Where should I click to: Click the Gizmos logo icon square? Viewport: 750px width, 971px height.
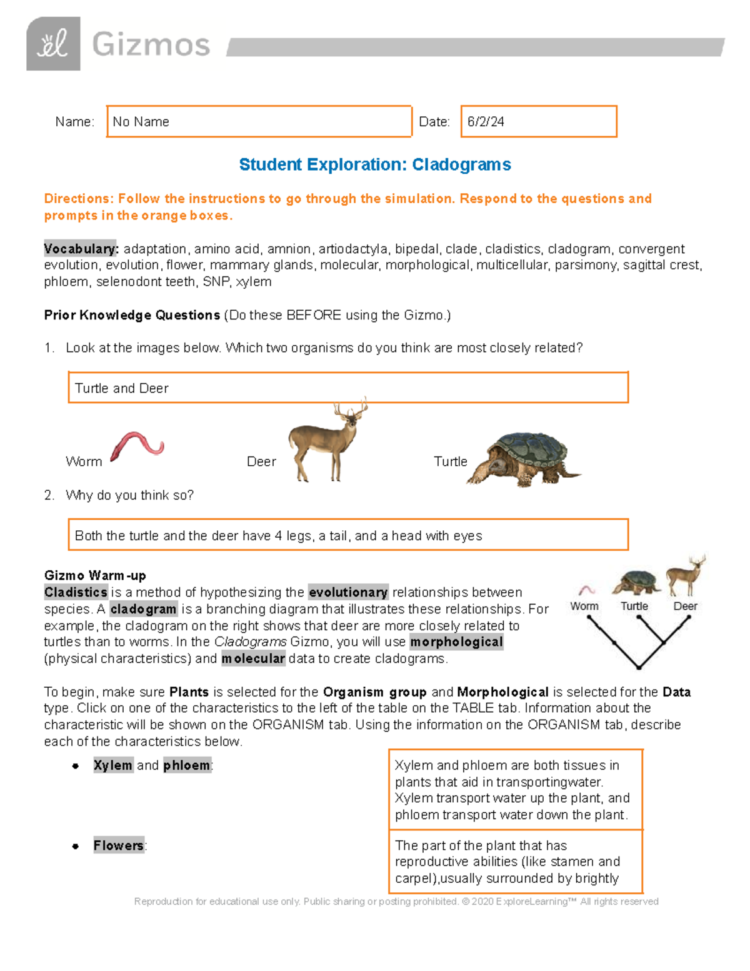point(53,44)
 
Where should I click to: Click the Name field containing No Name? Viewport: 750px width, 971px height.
point(259,121)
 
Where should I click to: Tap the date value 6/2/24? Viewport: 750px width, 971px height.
point(486,122)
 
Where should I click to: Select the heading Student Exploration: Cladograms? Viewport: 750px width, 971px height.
point(375,164)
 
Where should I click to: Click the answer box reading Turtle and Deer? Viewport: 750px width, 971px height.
point(347,388)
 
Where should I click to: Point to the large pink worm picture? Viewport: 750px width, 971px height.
point(137,446)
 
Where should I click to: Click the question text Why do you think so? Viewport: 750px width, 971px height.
point(129,495)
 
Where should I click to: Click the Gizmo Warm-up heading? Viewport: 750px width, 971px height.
point(95,575)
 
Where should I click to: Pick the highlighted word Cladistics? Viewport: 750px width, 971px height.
point(76,592)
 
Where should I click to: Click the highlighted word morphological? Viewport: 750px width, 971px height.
point(456,642)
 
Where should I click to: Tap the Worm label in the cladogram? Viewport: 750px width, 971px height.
point(584,606)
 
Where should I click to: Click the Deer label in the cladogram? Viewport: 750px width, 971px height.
point(685,606)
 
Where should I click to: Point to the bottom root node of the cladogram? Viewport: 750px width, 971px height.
point(638,667)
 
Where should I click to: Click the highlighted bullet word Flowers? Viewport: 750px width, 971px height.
point(119,845)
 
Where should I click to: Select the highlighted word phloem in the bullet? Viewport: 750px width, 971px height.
point(187,765)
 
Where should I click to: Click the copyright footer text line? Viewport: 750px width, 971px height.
point(396,902)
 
